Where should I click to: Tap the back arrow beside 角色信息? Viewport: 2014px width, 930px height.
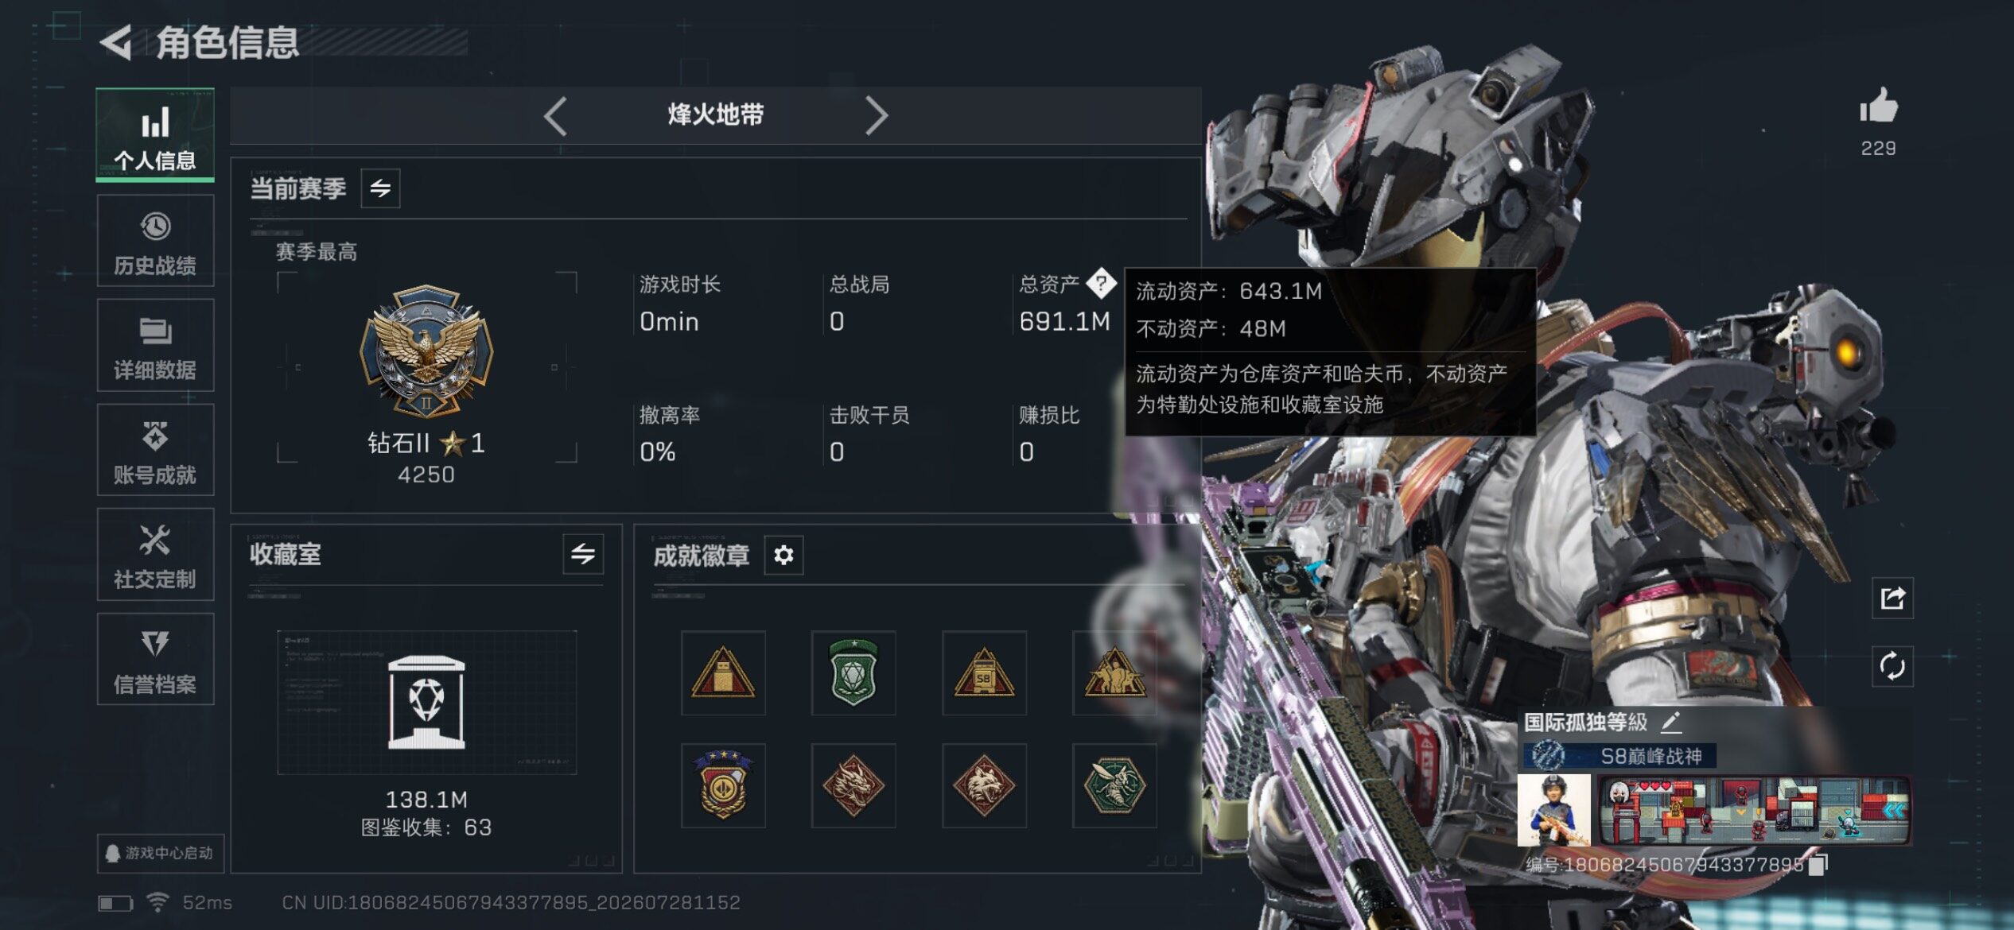click(116, 42)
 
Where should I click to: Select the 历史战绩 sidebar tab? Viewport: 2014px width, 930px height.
click(155, 241)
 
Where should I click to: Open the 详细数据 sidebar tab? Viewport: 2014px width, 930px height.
click(155, 346)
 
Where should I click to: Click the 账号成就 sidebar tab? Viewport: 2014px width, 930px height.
click(155, 451)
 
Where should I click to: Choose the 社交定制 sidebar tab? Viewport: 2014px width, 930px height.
click(155, 555)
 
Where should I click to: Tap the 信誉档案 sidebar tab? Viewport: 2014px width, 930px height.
click(155, 659)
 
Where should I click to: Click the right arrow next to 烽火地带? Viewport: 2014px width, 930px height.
click(876, 116)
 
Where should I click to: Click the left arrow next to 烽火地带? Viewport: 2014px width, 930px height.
click(555, 116)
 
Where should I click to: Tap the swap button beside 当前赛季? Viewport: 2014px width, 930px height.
click(380, 188)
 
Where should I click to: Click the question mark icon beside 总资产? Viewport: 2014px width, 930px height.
click(1101, 282)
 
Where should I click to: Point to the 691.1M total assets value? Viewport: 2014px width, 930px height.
click(1064, 322)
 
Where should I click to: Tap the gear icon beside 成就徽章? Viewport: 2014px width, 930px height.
click(783, 555)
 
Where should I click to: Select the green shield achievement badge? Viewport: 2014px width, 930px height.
click(853, 672)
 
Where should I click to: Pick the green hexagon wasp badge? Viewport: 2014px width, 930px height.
click(1114, 785)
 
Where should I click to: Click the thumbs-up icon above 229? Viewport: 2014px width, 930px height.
click(1878, 106)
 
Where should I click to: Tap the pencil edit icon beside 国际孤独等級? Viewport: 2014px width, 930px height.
click(1671, 722)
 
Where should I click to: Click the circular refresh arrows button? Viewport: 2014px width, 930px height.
click(1892, 666)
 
